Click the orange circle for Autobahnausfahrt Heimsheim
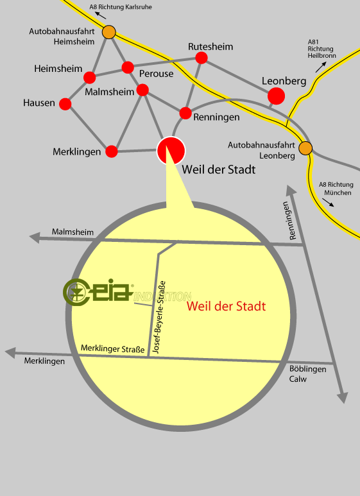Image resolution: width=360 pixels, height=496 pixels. click(109, 32)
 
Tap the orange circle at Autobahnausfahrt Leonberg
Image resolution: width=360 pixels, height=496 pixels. click(305, 148)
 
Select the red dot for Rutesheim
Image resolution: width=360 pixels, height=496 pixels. click(201, 58)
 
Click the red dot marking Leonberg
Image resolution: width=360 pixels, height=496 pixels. click(276, 96)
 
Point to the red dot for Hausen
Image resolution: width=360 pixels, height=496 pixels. click(65, 104)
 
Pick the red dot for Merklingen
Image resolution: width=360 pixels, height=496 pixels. click(112, 151)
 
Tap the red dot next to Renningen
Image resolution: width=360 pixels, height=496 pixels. click(185, 113)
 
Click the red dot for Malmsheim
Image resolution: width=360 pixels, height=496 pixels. click(142, 90)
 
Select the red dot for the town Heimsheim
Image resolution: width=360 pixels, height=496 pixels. click(90, 78)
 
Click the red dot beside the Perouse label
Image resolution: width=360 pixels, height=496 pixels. click(128, 67)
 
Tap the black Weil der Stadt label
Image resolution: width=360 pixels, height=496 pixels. click(219, 169)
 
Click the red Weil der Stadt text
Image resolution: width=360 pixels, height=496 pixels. click(226, 306)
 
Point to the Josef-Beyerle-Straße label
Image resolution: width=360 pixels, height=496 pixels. click(159, 317)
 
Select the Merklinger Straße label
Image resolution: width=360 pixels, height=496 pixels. click(112, 348)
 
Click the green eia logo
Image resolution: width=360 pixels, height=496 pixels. click(98, 292)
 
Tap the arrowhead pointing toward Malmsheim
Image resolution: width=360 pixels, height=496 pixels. click(35, 237)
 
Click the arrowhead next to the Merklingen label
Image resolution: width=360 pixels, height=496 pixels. click(10, 353)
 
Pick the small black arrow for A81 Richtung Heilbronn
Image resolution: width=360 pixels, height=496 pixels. click(321, 67)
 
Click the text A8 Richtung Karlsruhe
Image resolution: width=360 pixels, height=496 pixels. click(121, 7)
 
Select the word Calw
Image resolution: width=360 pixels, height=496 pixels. click(298, 379)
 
